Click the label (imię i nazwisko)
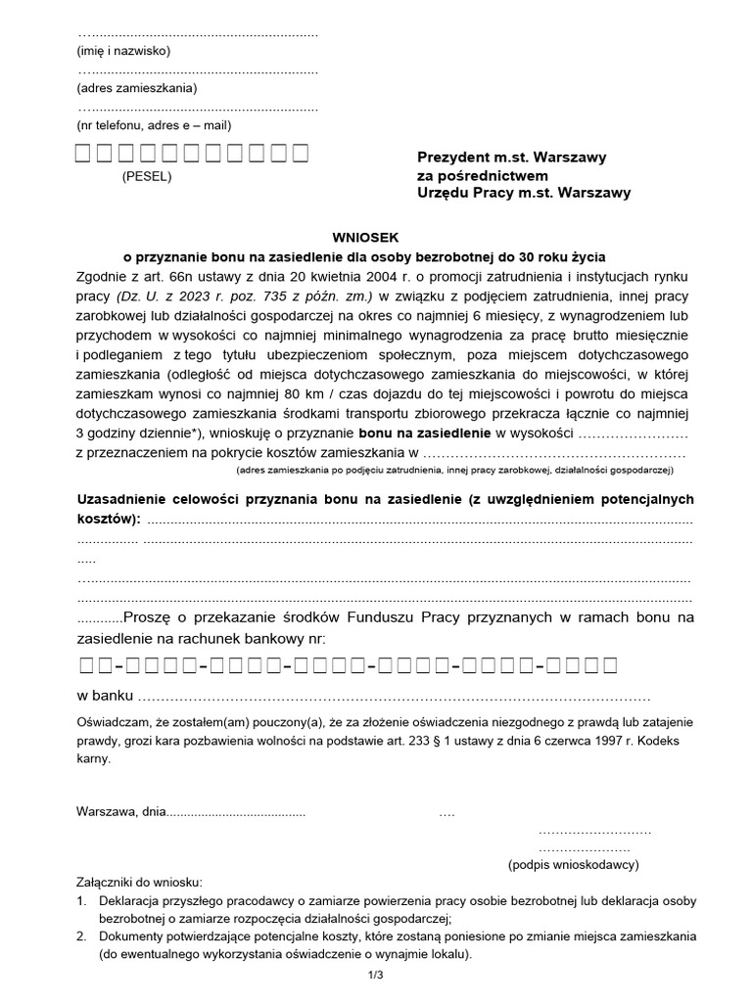pos(123,50)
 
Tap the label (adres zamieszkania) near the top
pos(136,88)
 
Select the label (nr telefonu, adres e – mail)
pos(154,125)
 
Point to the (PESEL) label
pos(147,177)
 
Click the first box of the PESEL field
pos(83,154)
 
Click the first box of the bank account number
pos(85,666)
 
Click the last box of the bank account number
pos(611,666)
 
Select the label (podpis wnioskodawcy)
pos(573,865)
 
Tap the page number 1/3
pos(376,976)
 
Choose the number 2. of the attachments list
pos(82,936)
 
